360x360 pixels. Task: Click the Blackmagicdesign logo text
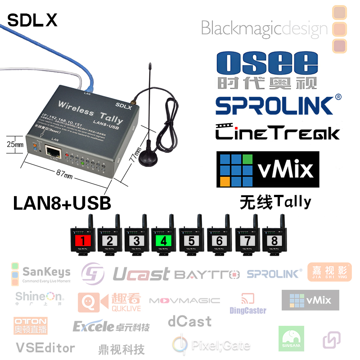point(264,28)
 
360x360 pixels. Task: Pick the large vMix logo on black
point(268,170)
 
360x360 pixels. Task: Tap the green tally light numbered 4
point(163,240)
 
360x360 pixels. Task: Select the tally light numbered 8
point(274,240)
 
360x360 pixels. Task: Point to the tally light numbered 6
point(219,240)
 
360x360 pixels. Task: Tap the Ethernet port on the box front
point(54,151)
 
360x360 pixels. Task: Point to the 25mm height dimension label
point(15,144)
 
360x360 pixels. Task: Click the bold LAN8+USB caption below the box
point(62,202)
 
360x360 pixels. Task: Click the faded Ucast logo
point(141,274)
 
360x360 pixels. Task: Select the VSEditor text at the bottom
point(45,347)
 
